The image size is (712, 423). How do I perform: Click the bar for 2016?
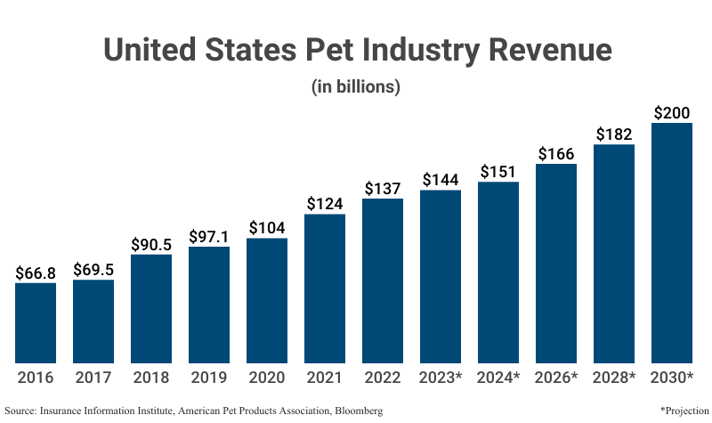tap(36, 322)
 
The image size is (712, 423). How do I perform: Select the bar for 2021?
tap(325, 288)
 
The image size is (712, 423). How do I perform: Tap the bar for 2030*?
tap(672, 242)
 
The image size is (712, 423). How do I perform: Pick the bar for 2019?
tap(209, 305)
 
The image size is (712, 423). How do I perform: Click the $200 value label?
tap(672, 113)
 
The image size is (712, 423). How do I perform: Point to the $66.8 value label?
tap(36, 273)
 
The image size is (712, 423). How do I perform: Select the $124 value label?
tap(325, 204)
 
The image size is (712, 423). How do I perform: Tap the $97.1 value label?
tap(209, 237)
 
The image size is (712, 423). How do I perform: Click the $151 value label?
tap(498, 172)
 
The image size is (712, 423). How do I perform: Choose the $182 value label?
tap(614, 134)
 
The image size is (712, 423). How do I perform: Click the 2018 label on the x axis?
tap(151, 378)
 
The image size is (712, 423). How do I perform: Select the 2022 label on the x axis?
tap(383, 378)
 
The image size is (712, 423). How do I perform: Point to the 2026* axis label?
tap(556, 378)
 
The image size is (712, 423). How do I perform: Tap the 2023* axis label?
tap(441, 378)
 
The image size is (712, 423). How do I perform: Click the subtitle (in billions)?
tap(356, 87)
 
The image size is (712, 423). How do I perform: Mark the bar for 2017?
tap(93, 321)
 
